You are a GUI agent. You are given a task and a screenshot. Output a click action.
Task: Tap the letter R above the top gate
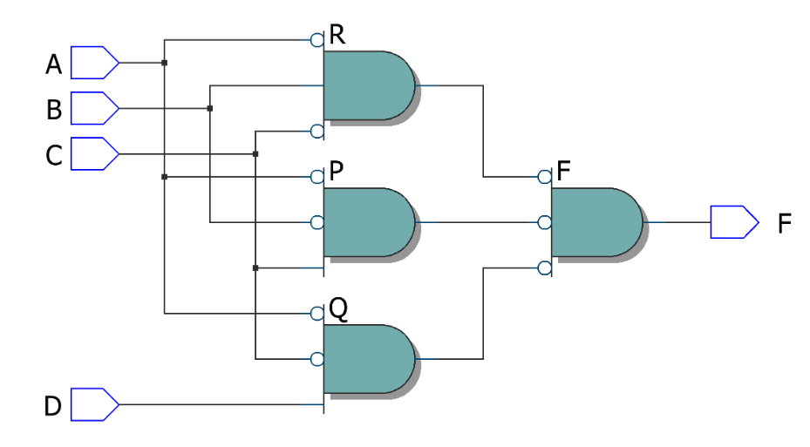[337, 35]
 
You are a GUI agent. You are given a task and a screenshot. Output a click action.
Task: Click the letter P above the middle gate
[336, 172]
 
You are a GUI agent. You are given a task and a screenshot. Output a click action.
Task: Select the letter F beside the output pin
[785, 223]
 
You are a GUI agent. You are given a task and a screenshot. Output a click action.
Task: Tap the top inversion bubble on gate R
[317, 39]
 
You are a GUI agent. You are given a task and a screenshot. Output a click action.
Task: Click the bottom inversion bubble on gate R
[317, 132]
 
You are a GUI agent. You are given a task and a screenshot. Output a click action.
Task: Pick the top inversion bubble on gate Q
[317, 313]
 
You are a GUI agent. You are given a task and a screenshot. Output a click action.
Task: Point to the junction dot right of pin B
[210, 108]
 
